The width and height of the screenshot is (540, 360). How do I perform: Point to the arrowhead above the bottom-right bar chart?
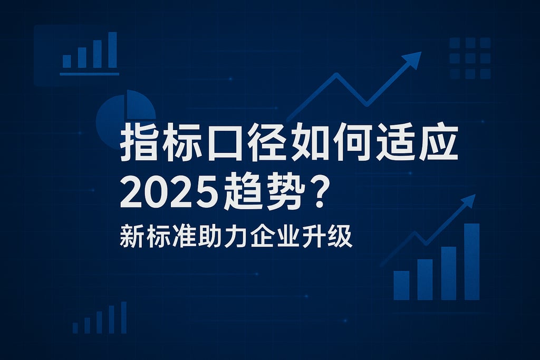click(x=469, y=201)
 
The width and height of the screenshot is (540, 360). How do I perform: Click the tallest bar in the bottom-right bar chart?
click(x=471, y=261)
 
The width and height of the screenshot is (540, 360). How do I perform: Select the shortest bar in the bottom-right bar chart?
click(x=401, y=285)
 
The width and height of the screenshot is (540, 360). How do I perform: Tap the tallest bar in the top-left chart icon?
click(x=112, y=50)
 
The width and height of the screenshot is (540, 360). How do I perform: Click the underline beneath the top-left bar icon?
click(x=89, y=74)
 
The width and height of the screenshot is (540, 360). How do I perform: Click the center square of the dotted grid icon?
click(x=470, y=58)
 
